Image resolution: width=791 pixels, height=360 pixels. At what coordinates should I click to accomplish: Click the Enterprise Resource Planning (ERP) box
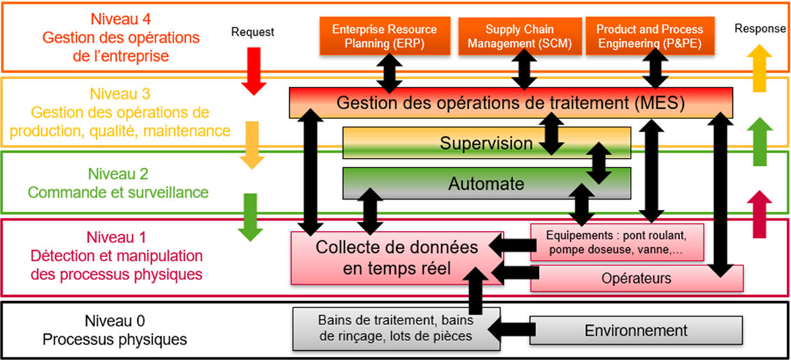click(x=384, y=36)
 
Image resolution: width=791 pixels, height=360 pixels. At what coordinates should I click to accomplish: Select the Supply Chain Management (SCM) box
click(x=519, y=36)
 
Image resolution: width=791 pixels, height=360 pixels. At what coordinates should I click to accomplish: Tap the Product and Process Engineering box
click(x=650, y=36)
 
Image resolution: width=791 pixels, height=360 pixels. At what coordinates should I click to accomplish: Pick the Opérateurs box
click(x=636, y=278)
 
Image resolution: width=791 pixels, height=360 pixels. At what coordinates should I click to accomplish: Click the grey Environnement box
click(x=636, y=331)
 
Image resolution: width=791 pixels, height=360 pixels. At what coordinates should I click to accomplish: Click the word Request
click(x=253, y=32)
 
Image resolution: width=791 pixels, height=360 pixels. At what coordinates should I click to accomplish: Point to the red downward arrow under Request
click(x=253, y=74)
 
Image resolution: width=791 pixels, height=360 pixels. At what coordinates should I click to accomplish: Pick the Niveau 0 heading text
click(x=115, y=321)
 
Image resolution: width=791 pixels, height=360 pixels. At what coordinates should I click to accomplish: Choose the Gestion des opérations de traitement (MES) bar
click(x=510, y=103)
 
